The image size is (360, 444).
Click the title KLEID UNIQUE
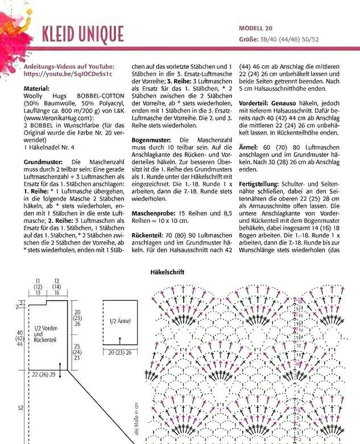pyautogui.click(x=82, y=34)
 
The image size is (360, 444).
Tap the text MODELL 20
pyautogui.click(x=255, y=28)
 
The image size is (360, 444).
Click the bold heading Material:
pyautogui.click(x=36, y=89)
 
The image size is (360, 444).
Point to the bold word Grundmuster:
pyautogui.click(x=43, y=163)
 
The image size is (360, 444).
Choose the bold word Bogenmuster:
pyautogui.click(x=153, y=139)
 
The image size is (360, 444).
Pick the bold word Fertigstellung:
pyautogui.click(x=260, y=185)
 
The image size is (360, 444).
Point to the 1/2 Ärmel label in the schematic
pyautogui.click(x=120, y=321)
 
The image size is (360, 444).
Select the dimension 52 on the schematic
pyautogui.click(x=20, y=407)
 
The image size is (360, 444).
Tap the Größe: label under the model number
pyautogui.click(x=249, y=40)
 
